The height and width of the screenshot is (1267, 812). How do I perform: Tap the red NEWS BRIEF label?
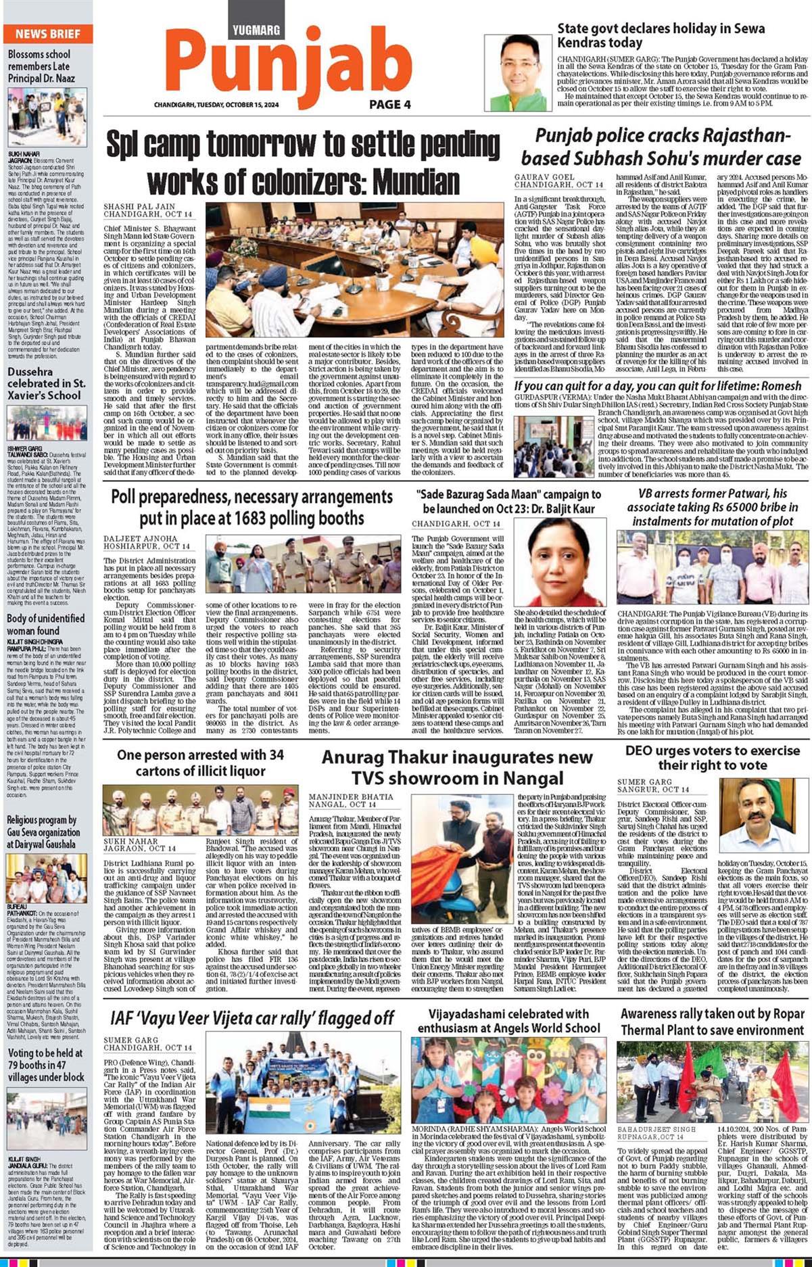pyautogui.click(x=48, y=34)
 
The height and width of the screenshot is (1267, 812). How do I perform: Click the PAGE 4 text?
pyautogui.click(x=390, y=104)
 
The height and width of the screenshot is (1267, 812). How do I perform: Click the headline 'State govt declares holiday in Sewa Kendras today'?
pyautogui.click(x=661, y=35)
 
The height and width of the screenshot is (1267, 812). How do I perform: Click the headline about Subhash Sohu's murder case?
pyautogui.click(x=661, y=147)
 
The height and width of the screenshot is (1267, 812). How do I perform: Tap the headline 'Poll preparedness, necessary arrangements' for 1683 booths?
pyautogui.click(x=252, y=507)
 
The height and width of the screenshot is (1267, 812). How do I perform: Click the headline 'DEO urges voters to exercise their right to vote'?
pyautogui.click(x=713, y=757)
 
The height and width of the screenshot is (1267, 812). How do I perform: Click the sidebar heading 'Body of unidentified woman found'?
pyautogui.click(x=46, y=624)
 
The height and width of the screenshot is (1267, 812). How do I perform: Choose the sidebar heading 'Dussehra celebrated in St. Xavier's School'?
pyautogui.click(x=46, y=383)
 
